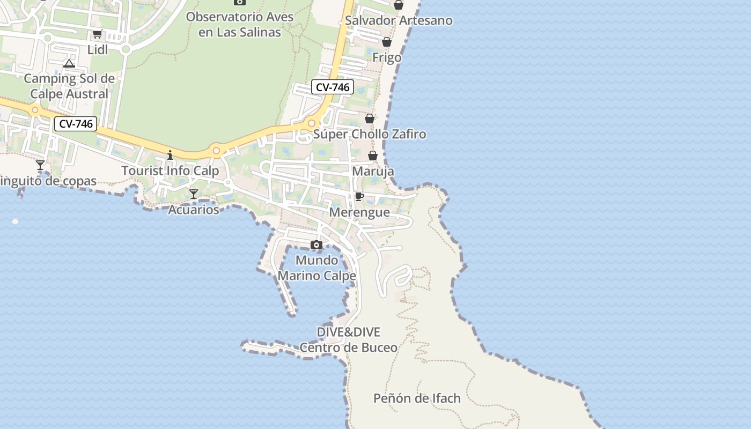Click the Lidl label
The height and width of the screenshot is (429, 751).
pos(98,50)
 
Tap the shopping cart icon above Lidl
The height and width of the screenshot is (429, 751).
pos(97,35)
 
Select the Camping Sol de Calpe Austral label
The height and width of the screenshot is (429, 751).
pos(69,86)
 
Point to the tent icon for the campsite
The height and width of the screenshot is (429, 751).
pos(69,64)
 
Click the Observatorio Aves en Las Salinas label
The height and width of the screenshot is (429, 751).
pos(240,24)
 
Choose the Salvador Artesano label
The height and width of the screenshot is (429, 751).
pos(399,20)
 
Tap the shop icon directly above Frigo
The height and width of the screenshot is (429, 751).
pos(387,42)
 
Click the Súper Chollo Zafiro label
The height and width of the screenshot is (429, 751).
pos(370,134)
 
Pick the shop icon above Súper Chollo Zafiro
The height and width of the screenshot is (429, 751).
pos(370,119)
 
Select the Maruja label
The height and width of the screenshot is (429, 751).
pos(373,172)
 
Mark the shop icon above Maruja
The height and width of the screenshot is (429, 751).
pos(373,156)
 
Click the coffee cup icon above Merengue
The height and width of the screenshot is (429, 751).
pos(359,197)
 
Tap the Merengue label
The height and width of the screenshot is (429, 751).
pos(359,212)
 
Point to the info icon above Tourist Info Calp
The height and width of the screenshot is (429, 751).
pos(170,156)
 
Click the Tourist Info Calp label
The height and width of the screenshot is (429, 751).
pos(170,171)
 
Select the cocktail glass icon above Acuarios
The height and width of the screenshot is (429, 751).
pos(194,194)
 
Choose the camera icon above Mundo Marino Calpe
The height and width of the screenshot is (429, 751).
pos(316,245)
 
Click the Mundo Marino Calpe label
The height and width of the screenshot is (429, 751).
pos(316,268)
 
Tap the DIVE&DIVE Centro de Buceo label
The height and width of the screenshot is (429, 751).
pos(349,339)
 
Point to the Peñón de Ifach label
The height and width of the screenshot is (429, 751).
pos(417,398)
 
